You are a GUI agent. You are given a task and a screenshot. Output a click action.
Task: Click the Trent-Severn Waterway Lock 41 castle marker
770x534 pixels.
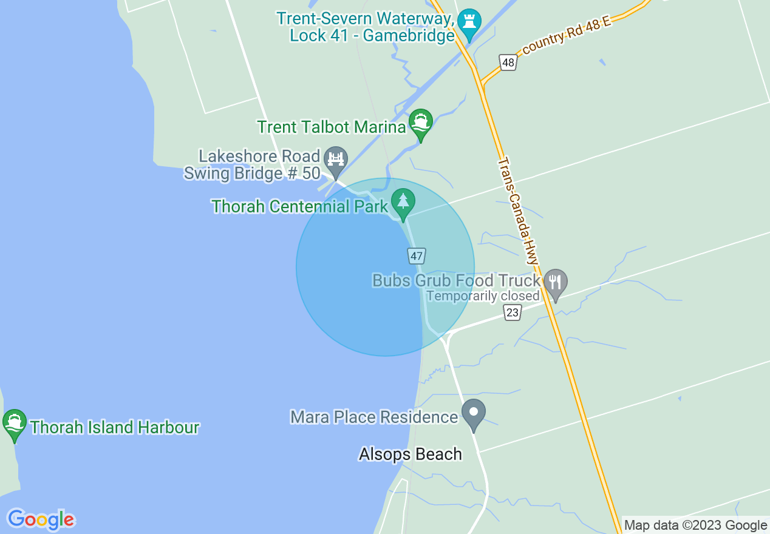pos(469,22)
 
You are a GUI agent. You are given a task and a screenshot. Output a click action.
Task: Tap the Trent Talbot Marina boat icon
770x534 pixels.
pos(420,123)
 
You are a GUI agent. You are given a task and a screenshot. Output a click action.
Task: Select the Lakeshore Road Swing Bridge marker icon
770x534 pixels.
pos(335,160)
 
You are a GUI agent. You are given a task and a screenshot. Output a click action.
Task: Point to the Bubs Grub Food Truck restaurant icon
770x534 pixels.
pos(555,283)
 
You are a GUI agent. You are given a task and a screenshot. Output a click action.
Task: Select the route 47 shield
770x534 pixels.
pos(416,256)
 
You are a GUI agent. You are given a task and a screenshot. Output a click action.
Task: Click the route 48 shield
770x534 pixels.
pos(508,62)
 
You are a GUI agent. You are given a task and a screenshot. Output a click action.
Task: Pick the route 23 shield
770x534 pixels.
pos(513,312)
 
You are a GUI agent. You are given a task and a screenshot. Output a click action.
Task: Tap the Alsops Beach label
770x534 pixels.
pos(411,454)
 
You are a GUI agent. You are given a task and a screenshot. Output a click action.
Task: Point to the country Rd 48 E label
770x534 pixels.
pos(567,36)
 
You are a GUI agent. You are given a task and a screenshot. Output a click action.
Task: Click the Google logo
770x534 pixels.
pos(41,519)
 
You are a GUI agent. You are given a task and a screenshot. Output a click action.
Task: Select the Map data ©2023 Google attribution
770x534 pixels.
pos(695,526)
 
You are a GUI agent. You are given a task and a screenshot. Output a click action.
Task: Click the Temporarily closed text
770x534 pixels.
pos(483,296)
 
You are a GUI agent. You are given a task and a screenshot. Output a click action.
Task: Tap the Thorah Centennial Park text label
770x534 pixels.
pos(299,206)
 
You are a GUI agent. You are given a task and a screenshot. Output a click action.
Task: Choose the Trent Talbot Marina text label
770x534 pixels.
pos(331,127)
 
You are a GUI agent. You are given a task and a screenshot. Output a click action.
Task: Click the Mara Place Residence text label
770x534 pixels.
pos(373,417)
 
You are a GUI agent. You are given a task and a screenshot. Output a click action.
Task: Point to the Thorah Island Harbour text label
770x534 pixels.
pos(114,427)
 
